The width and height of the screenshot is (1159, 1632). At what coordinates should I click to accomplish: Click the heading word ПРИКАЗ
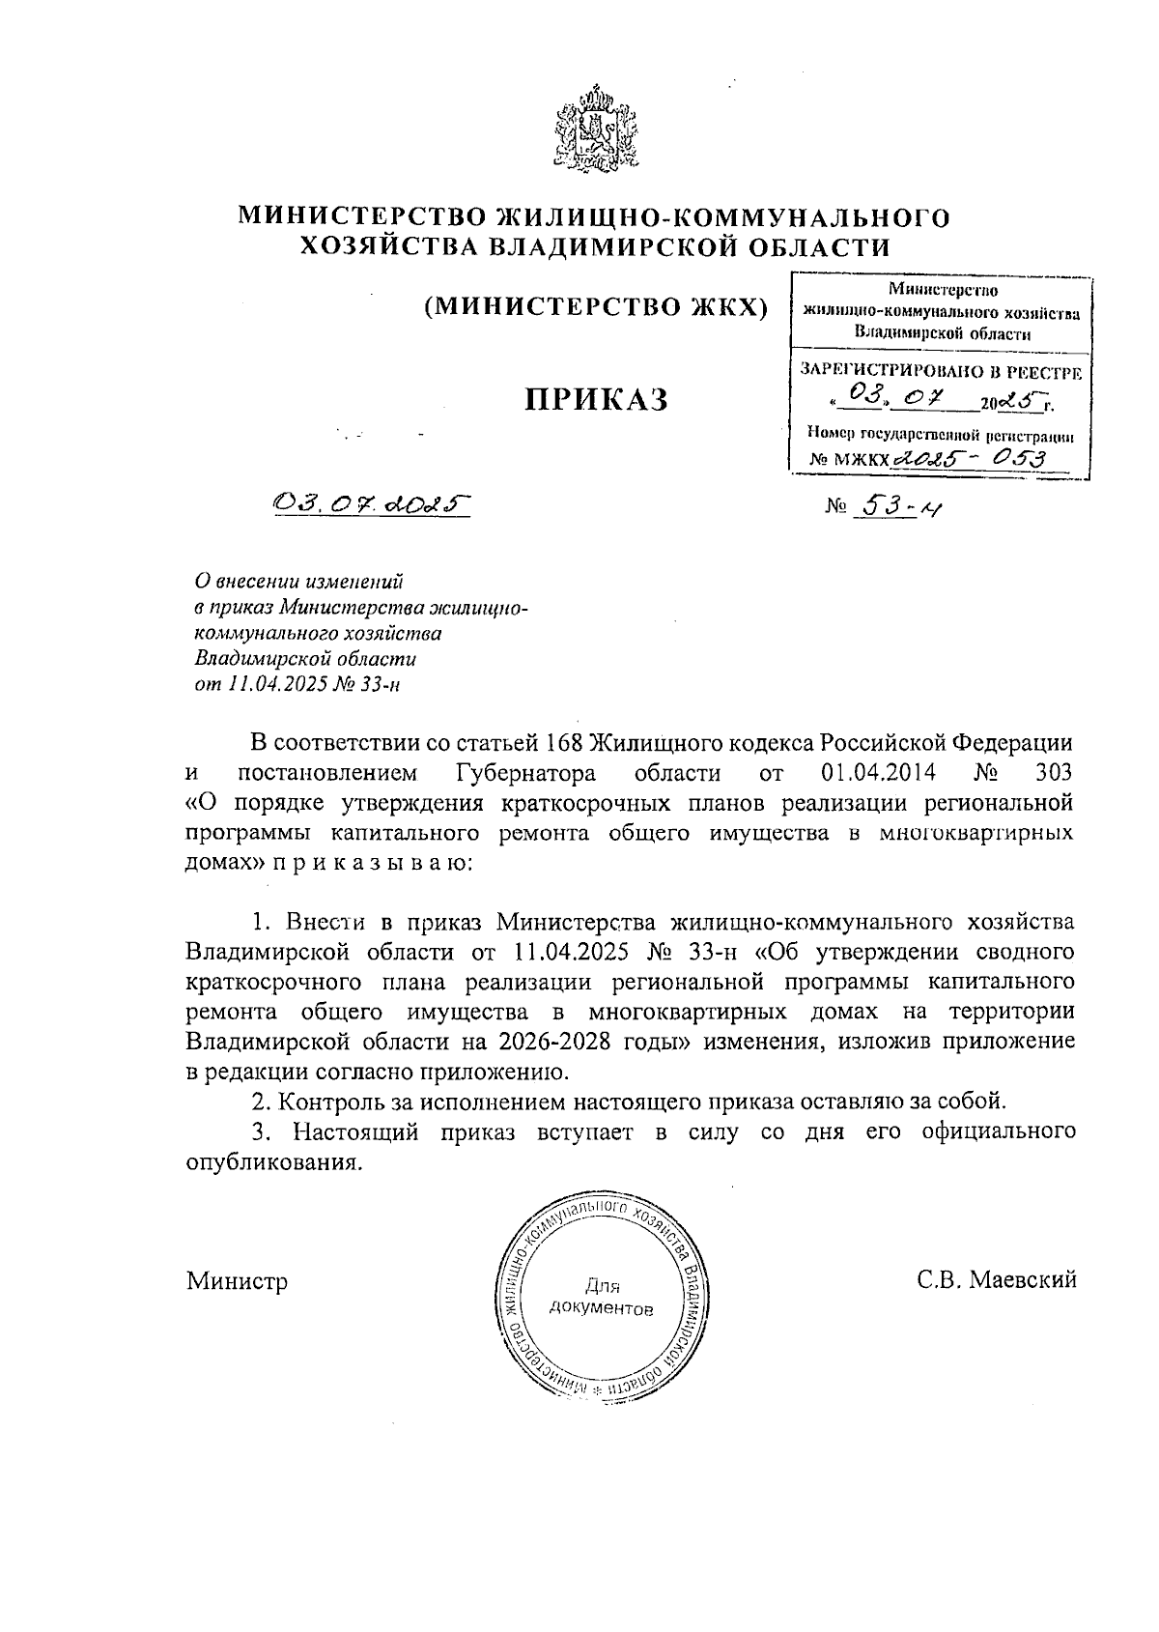pos(596,399)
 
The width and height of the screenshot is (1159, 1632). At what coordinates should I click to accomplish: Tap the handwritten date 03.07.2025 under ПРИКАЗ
pos(371,503)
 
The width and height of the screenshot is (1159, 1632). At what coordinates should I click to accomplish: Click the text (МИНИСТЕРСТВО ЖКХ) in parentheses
pos(596,307)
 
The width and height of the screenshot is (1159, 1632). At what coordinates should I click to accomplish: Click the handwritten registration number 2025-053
pos(973,459)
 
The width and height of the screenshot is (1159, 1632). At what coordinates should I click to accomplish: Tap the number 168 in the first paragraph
pos(564,743)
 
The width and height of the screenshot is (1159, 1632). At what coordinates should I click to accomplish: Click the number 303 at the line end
pos(1053,773)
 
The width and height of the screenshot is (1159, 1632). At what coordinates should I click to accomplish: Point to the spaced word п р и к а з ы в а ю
pos(372,862)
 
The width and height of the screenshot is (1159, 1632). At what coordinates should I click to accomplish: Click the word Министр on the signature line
pos(238,1282)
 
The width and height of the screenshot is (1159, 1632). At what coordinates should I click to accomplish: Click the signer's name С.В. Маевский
pos(997,1281)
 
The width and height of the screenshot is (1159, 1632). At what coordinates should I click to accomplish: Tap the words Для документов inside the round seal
pos(601,1298)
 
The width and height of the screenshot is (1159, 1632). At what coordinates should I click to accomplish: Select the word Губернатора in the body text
pos(523,773)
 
